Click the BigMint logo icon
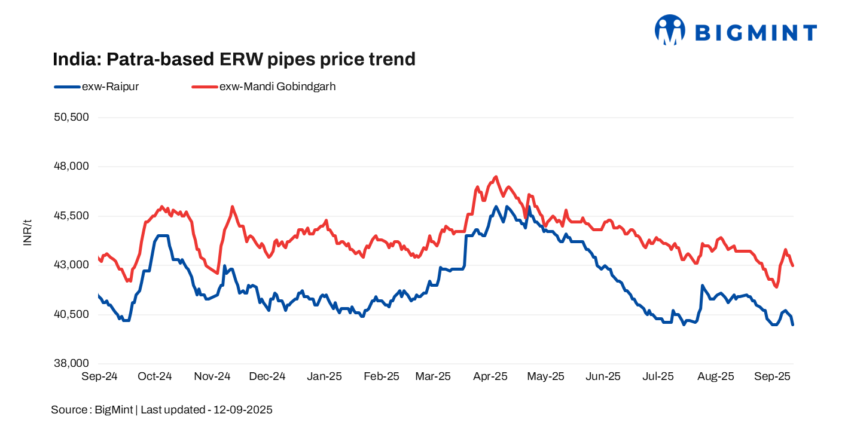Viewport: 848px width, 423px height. point(669,30)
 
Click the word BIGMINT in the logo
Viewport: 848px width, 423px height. point(757,32)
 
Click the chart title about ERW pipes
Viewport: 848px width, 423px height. point(234,59)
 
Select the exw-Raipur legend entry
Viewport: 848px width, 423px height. point(96,86)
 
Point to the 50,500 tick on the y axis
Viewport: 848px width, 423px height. point(71,117)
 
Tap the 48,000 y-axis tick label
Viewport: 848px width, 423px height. point(71,167)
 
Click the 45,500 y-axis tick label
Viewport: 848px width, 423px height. point(71,216)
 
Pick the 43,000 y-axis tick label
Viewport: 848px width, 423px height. point(71,265)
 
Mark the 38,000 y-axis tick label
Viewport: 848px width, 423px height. point(71,364)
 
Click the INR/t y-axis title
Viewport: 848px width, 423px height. point(28,233)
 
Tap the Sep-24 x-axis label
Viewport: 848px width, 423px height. point(99,376)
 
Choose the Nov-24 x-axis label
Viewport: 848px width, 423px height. point(212,376)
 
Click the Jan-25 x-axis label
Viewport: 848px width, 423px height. point(324,376)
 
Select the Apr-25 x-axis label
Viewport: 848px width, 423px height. point(490,376)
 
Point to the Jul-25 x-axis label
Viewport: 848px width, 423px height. point(658,376)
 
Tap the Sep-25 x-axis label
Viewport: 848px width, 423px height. point(773,376)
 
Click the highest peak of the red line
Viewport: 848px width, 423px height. point(496,177)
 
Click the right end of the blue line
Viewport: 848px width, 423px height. point(793,324)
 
